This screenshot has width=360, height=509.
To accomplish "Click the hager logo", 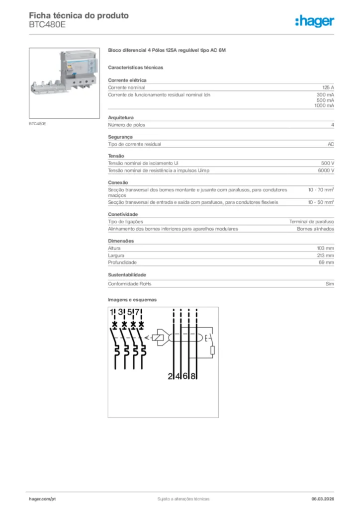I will pyautogui.click(x=315, y=21).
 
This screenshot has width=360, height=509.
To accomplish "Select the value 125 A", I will pyautogui.click(x=328, y=87).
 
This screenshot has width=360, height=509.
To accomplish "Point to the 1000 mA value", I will pyautogui.click(x=324, y=106).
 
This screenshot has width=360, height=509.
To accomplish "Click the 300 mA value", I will pyautogui.click(x=325, y=94).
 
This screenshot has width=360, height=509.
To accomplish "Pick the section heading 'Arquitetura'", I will pyautogui.click(x=121, y=117).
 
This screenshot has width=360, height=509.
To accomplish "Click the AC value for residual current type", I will pyautogui.click(x=331, y=144).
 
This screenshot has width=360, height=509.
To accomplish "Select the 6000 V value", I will pyautogui.click(x=326, y=170).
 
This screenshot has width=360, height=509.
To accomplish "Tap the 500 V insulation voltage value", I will pyautogui.click(x=328, y=163).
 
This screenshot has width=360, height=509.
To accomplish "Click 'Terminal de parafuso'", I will pyautogui.click(x=312, y=222).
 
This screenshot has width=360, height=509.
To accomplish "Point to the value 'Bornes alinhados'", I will pyautogui.click(x=315, y=229).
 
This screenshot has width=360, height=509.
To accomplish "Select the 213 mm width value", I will pyautogui.click(x=326, y=256).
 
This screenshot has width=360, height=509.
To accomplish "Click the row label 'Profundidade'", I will pyautogui.click(x=122, y=262).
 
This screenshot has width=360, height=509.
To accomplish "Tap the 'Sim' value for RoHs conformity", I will pyautogui.click(x=330, y=284).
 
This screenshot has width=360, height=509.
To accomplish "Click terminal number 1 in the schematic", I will pyautogui.click(x=112, y=313).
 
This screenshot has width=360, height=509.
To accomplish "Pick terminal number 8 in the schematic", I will pyautogui.click(x=193, y=376).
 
